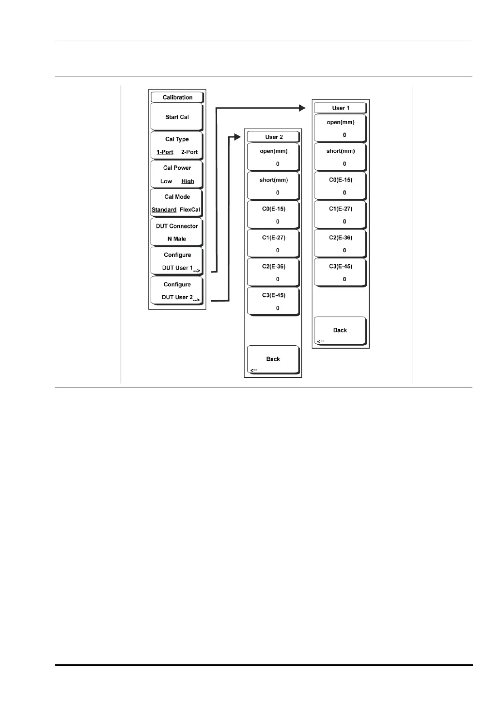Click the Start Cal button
pyautogui.click(x=177, y=117)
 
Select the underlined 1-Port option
pyautogui.click(x=165, y=152)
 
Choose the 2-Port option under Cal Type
pyautogui.click(x=189, y=152)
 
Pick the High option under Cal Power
pyautogui.click(x=187, y=181)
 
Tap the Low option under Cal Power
pyautogui.click(x=166, y=181)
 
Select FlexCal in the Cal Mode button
pyautogui.click(x=190, y=210)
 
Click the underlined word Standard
pyautogui.click(x=164, y=210)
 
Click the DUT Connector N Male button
pyautogui.click(x=177, y=232)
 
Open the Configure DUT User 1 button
pyautogui.click(x=177, y=261)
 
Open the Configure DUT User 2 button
pyautogui.click(x=177, y=291)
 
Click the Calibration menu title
pyautogui.click(x=177, y=97)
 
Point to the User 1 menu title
pyautogui.click(x=341, y=108)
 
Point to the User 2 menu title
pyautogui.click(x=274, y=137)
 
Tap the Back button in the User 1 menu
pyautogui.click(x=340, y=331)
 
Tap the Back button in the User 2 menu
pyautogui.click(x=273, y=359)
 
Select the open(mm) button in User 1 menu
pyautogui.click(x=341, y=128)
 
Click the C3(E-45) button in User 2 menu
pyautogui.click(x=274, y=302)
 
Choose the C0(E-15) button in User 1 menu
pyautogui.click(x=341, y=186)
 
